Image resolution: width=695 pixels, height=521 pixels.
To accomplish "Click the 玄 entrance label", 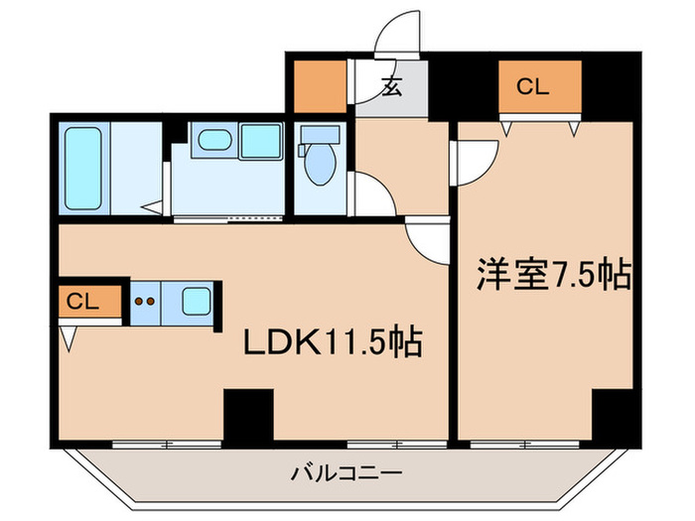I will click(391, 86).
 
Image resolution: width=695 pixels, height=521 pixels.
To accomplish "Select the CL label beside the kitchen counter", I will click(83, 302).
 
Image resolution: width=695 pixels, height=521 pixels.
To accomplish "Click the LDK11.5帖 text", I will click(335, 342).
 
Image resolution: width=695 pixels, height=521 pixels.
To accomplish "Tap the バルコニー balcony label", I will click(347, 473).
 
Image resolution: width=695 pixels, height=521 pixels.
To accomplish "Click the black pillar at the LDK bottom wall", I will click(247, 415).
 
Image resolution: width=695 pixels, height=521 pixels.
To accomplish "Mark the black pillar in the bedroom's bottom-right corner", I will click(613, 414).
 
